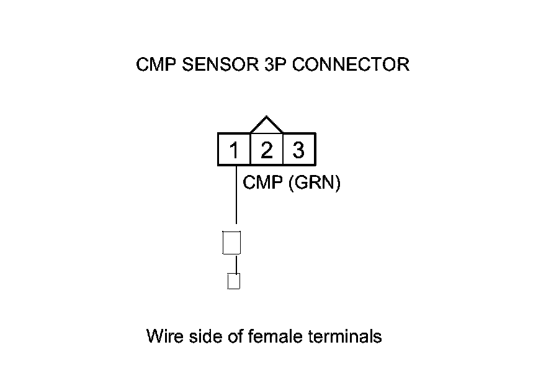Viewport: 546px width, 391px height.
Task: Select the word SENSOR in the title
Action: click(216, 65)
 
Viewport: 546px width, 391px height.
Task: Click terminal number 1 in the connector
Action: click(234, 150)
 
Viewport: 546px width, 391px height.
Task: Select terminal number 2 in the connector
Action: click(266, 150)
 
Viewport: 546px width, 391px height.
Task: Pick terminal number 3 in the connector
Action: click(298, 150)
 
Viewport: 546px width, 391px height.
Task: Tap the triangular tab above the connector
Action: click(266, 125)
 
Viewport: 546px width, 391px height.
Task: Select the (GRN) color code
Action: click(315, 183)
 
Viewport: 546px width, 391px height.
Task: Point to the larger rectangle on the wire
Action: click(231, 242)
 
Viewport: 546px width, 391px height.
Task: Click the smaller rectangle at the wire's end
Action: click(234, 281)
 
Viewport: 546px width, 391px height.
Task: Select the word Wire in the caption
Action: click(163, 337)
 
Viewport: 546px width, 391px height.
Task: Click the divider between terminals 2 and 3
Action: click(282, 150)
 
